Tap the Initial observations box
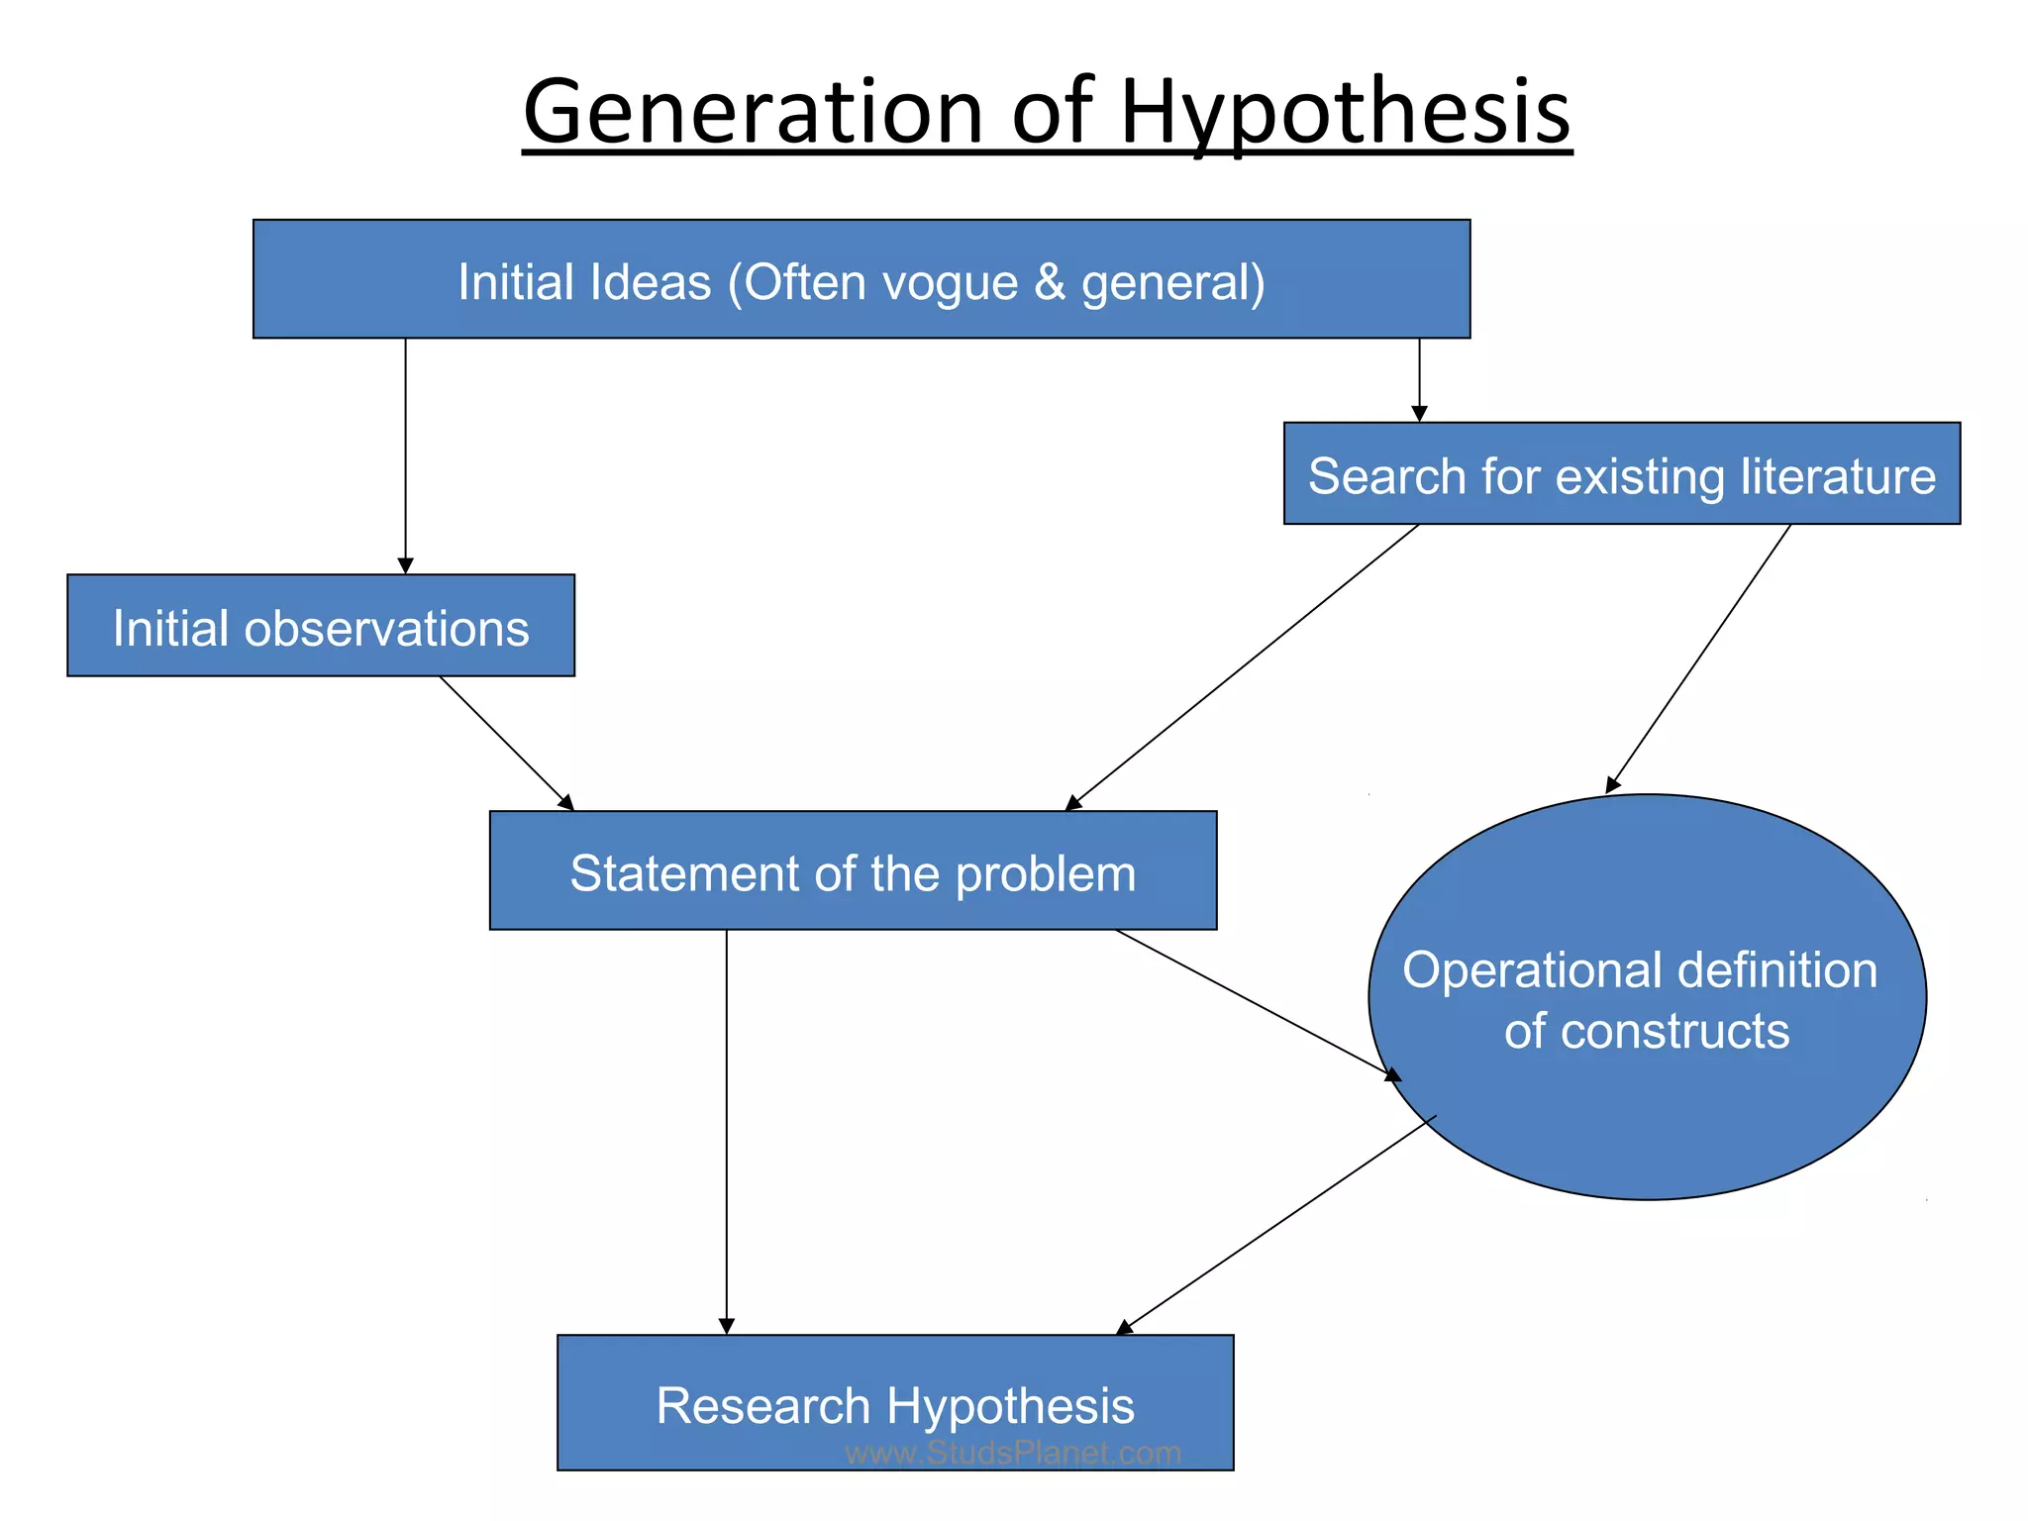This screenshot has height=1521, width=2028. [x=321, y=627]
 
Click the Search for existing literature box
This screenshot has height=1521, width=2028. [x=1621, y=474]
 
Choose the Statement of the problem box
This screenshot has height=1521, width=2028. [x=853, y=871]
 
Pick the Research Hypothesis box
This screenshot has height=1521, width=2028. [x=894, y=1403]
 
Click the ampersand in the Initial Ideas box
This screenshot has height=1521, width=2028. [x=1050, y=282]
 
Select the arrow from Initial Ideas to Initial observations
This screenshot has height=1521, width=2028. [x=405, y=456]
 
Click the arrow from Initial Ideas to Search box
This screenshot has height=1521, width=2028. [x=1419, y=380]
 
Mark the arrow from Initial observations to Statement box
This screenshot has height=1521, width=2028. [x=505, y=742]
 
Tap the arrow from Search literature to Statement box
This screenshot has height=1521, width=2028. [x=1243, y=666]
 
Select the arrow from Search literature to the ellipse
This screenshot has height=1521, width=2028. [x=1699, y=658]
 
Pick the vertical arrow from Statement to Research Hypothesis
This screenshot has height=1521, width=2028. [x=726, y=1129]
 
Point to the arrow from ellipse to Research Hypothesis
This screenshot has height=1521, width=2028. [x=1277, y=1225]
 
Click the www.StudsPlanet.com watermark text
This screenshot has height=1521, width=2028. [x=1013, y=1453]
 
